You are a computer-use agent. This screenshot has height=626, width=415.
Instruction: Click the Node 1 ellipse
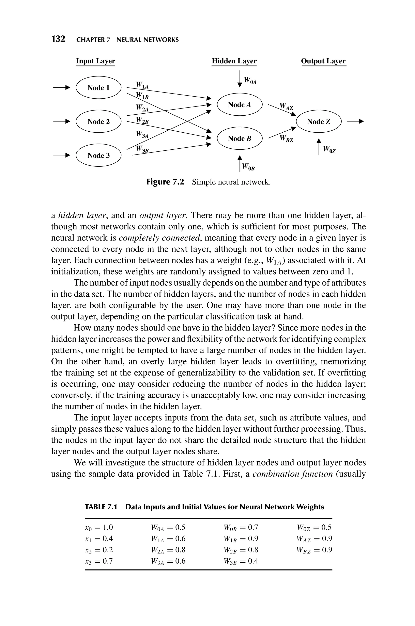(98, 87)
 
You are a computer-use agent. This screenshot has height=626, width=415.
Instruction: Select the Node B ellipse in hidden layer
(240, 138)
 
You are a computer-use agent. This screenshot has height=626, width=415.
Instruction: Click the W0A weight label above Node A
(250, 80)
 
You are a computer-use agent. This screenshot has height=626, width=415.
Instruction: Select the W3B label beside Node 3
(142, 149)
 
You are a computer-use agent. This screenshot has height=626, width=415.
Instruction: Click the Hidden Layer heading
(234, 61)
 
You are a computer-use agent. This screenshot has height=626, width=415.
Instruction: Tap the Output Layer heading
(323, 61)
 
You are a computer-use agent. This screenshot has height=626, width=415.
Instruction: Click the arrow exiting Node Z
(355, 122)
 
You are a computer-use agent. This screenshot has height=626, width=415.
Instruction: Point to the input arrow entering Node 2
(62, 122)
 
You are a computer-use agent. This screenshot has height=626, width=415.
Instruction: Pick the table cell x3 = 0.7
(99, 561)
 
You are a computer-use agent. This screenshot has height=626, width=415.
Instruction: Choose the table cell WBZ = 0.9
(314, 550)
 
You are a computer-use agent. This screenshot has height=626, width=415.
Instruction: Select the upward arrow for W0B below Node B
(240, 163)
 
